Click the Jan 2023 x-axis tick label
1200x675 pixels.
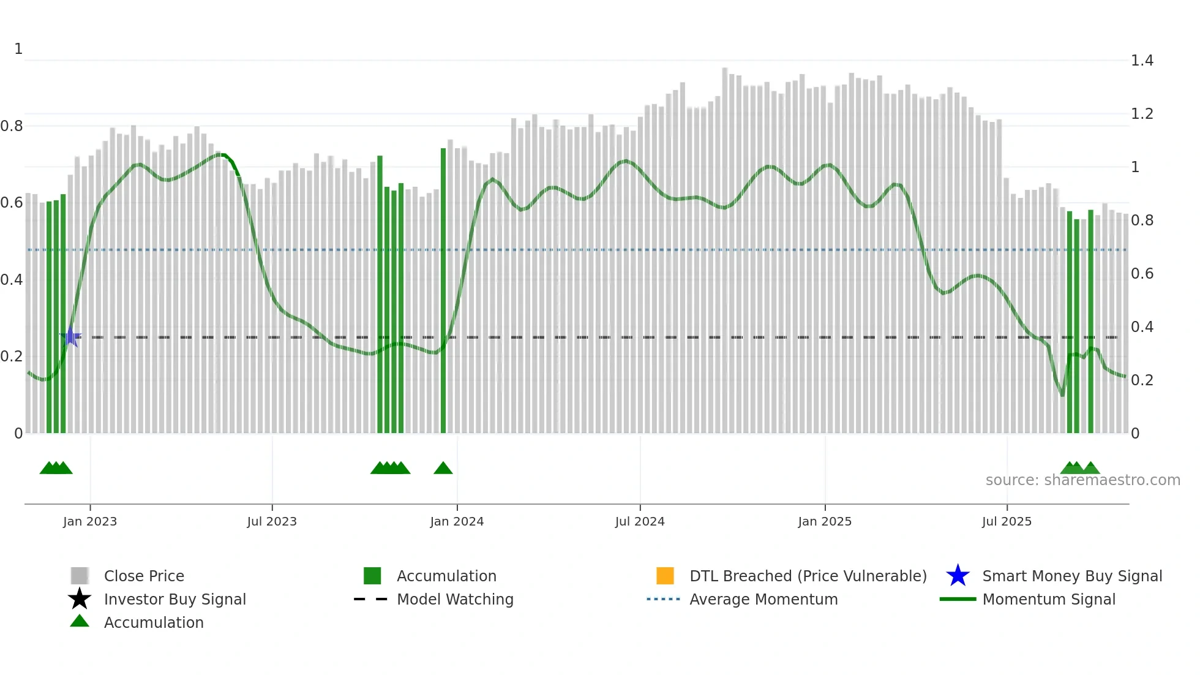(x=89, y=521)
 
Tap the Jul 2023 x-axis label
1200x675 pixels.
(x=272, y=521)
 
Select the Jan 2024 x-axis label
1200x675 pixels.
(x=457, y=521)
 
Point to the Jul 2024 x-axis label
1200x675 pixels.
(x=640, y=521)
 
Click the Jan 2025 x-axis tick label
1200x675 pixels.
(x=825, y=521)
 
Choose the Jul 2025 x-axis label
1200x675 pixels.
(x=1007, y=521)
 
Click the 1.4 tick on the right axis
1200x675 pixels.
(x=1142, y=61)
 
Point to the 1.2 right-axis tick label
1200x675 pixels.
(x=1142, y=114)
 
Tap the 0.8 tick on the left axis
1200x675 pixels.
(x=12, y=126)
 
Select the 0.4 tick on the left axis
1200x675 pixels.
(x=12, y=280)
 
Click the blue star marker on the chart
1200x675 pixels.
(x=71, y=337)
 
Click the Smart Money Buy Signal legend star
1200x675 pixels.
(x=958, y=576)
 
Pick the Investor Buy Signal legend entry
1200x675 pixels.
(x=174, y=599)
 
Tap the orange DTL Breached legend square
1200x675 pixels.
(x=665, y=576)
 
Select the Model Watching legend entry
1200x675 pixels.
(x=454, y=599)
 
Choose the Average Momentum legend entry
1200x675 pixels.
(x=763, y=599)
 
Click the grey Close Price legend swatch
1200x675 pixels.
(x=80, y=576)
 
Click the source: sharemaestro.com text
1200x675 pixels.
(x=1082, y=480)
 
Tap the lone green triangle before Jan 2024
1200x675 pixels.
(x=443, y=469)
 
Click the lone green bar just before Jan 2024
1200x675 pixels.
(x=443, y=291)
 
